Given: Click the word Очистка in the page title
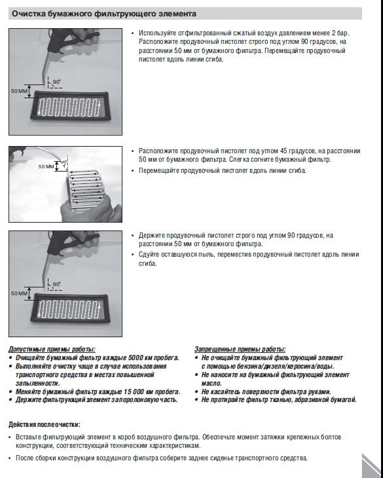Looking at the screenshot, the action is point(28,14).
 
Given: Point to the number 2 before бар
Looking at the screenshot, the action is point(334,33).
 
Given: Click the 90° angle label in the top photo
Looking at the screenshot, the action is point(57,82).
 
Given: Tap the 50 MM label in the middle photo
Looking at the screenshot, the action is point(46,166).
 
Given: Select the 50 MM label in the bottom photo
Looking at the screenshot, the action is point(19,293).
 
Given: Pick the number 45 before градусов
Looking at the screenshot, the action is point(284,151).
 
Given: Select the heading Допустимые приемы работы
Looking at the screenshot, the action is point(52,349).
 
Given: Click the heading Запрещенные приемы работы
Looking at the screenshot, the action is point(240,349).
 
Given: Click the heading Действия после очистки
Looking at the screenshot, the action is point(45,424).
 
